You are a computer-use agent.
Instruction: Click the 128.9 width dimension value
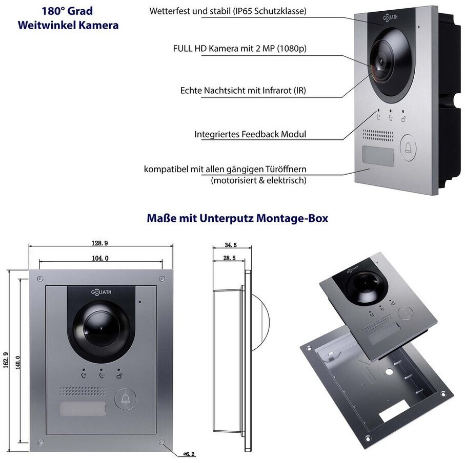pyautogui.click(x=99, y=243)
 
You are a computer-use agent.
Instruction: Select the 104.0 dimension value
pyautogui.click(x=100, y=258)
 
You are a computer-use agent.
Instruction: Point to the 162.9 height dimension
pyautogui.click(x=6, y=360)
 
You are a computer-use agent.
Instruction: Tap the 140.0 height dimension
pyautogui.click(x=17, y=363)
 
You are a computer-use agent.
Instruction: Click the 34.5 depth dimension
pyautogui.click(x=231, y=245)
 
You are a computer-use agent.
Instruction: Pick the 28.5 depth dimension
pyautogui.click(x=229, y=258)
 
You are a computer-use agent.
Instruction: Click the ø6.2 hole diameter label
pyautogui.click(x=189, y=454)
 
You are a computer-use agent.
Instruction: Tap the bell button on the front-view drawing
pyautogui.click(x=126, y=398)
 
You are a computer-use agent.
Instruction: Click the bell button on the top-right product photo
pyautogui.click(x=408, y=148)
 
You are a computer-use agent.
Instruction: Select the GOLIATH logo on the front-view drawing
pyautogui.click(x=101, y=292)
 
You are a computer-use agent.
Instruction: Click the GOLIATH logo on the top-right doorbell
pyautogui.click(x=390, y=18)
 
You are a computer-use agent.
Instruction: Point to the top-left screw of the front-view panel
pyautogui.click(x=40, y=279)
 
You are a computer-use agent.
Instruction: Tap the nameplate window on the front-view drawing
pyautogui.click(x=83, y=409)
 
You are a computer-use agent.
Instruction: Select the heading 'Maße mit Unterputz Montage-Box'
pyautogui.click(x=237, y=218)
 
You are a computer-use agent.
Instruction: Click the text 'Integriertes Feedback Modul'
pyautogui.click(x=250, y=134)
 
